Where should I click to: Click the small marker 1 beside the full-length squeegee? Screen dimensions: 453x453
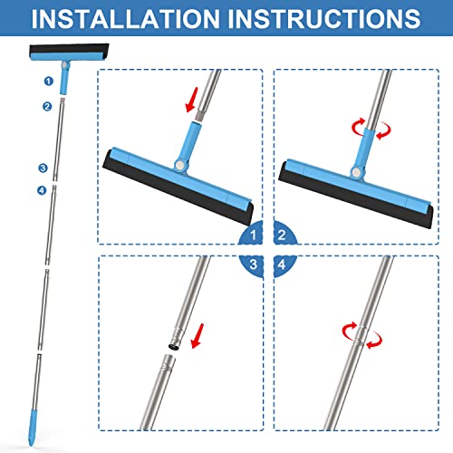point(46,81)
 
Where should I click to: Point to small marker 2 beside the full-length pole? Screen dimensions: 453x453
point(46,106)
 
